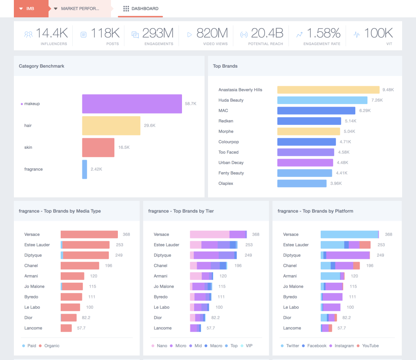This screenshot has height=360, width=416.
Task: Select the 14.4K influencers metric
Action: tap(52, 33)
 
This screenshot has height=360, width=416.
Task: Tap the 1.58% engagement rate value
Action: tap(323, 33)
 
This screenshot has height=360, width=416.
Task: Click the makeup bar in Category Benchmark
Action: tap(132, 104)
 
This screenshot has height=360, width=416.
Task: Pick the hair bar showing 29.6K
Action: tap(111, 125)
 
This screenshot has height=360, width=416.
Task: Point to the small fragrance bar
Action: tap(84, 169)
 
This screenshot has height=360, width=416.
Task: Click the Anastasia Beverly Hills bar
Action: tap(328, 90)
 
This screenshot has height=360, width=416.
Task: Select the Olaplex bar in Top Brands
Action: tap(302, 183)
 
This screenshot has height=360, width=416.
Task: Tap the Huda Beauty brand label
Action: tap(231, 100)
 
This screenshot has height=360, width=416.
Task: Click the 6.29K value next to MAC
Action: tap(365, 111)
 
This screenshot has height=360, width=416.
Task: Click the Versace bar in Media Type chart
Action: tap(89, 234)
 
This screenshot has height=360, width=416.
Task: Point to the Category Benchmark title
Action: tap(42, 66)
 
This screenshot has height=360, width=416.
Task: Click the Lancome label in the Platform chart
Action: tap(292, 328)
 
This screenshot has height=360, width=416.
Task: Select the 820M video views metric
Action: tap(211, 33)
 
